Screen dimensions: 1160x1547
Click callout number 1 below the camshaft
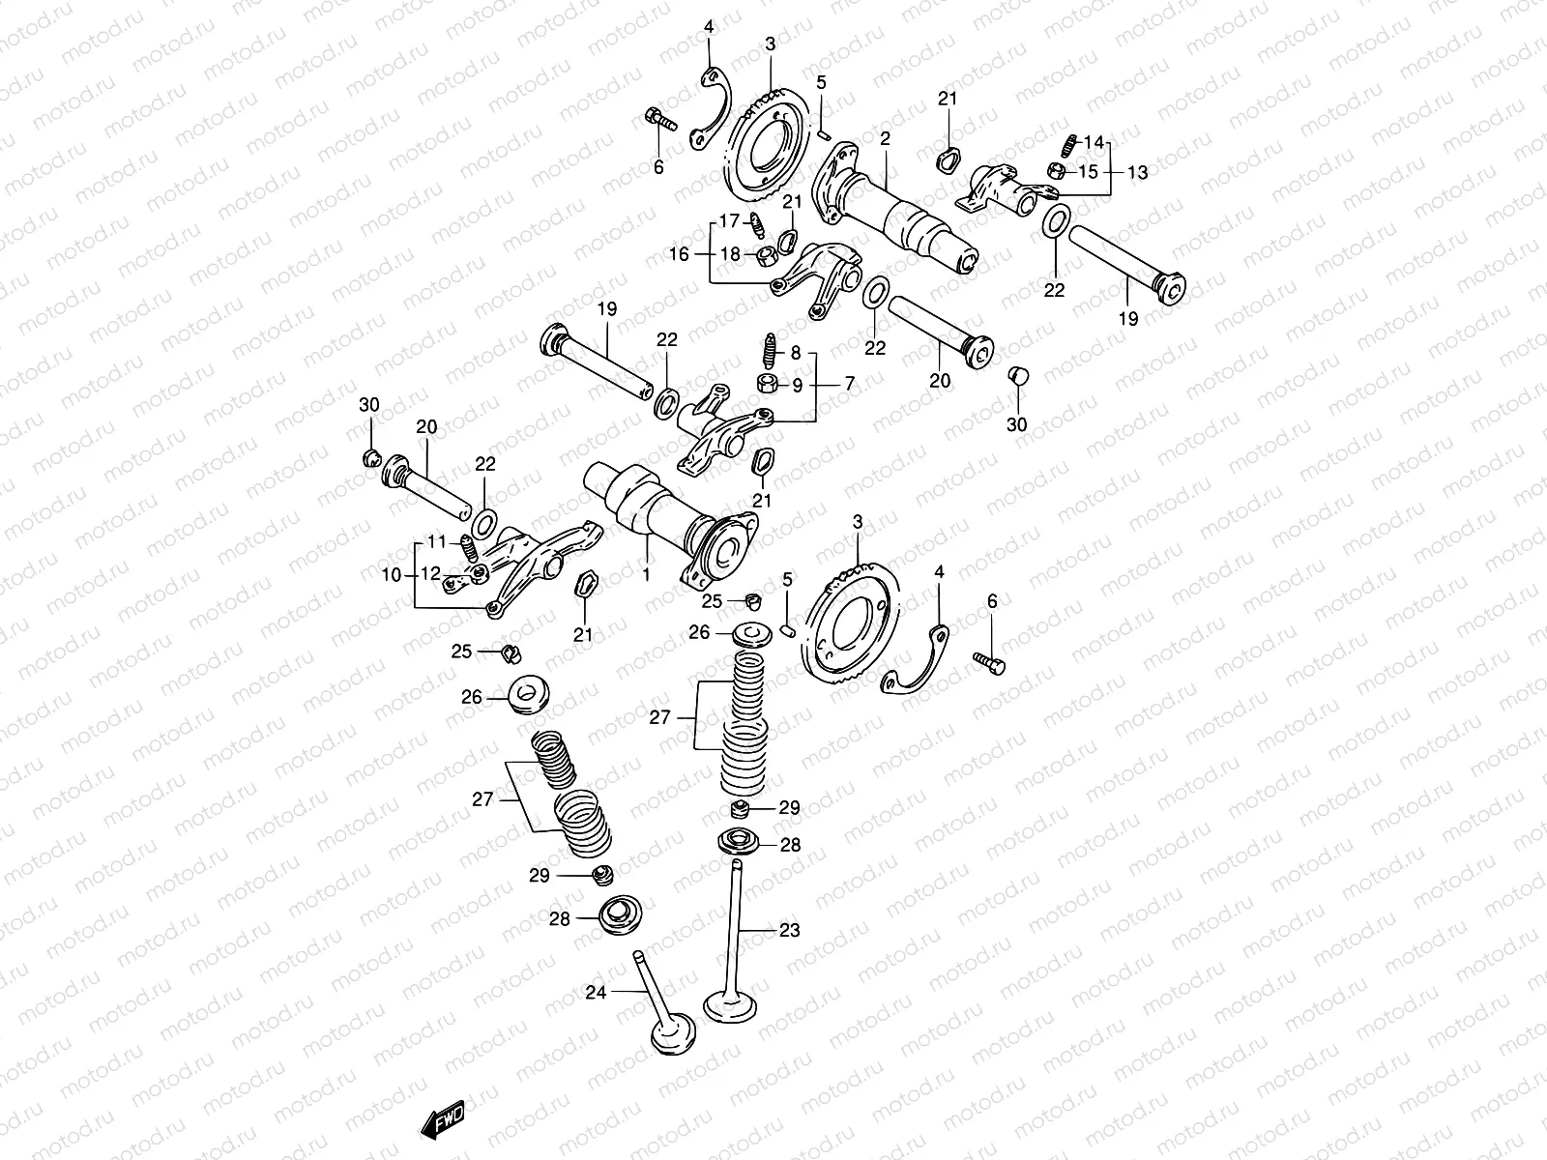tap(646, 574)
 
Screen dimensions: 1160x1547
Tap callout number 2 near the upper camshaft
tap(885, 139)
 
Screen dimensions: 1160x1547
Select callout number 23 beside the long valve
tap(790, 930)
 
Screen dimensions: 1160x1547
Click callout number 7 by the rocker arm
tap(849, 384)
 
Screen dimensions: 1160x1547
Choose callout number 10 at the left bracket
tap(391, 575)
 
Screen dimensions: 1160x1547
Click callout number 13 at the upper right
tap(1137, 172)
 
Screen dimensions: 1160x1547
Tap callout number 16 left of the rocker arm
tap(680, 254)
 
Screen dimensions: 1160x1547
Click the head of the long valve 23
tap(732, 1005)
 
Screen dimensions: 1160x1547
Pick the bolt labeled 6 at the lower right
tap(988, 662)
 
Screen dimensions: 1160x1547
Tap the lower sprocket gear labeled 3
tap(848, 628)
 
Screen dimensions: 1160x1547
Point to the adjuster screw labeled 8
tap(771, 346)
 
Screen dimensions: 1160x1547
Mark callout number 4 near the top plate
tap(709, 26)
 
